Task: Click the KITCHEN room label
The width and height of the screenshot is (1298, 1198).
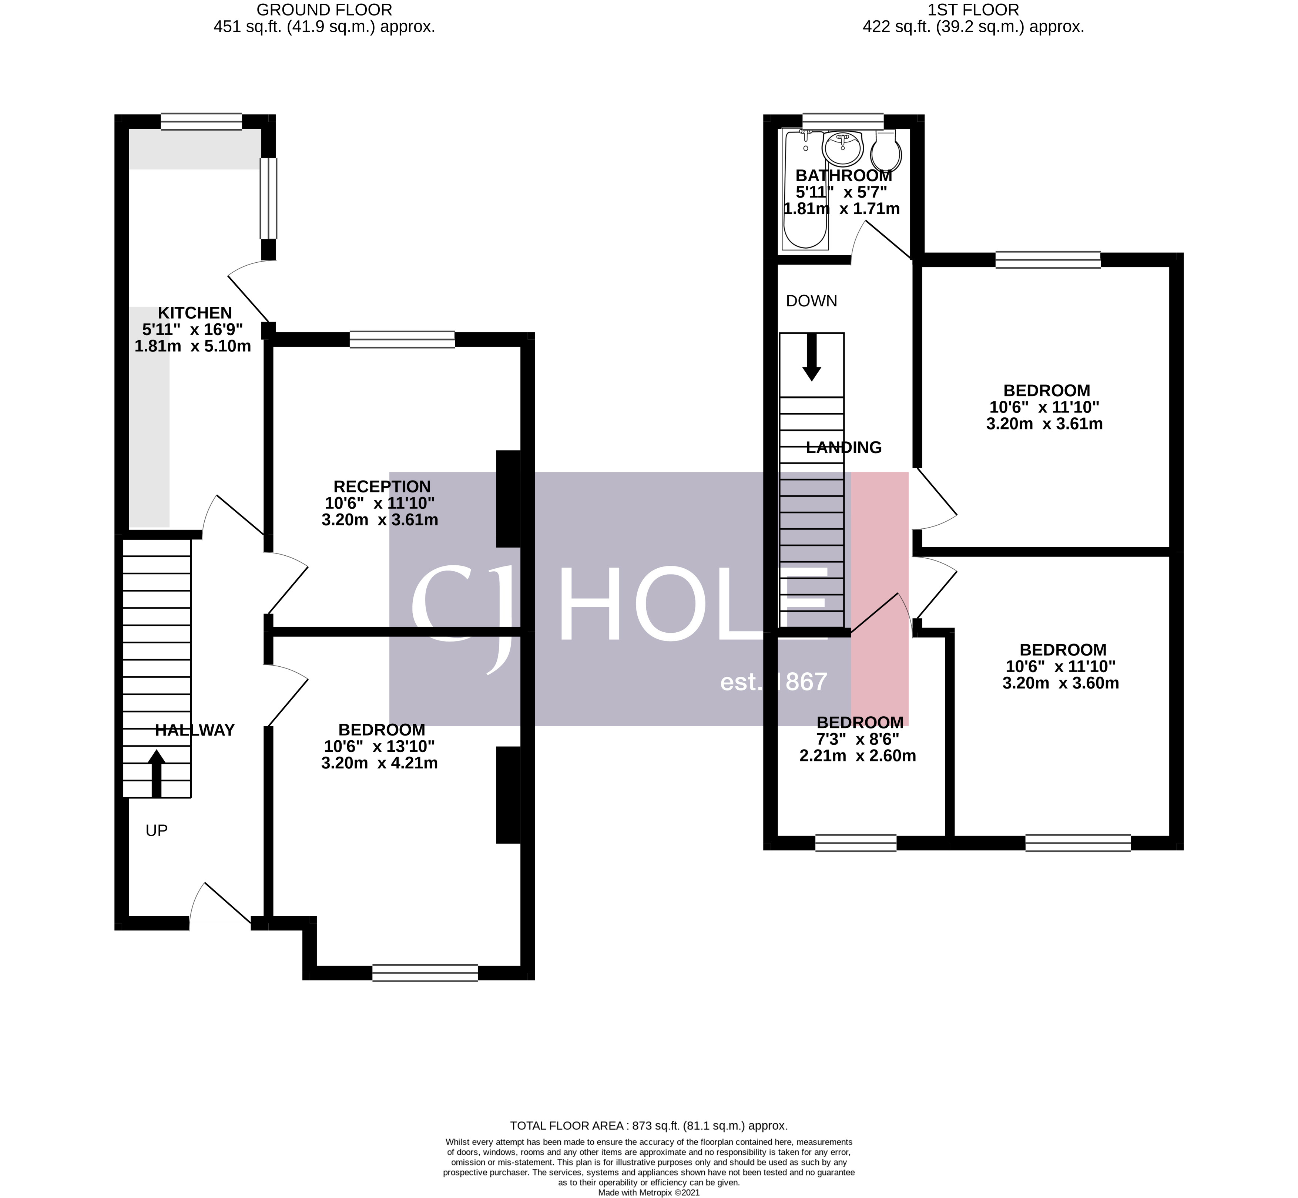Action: click(x=195, y=313)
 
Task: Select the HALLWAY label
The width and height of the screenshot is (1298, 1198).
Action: click(x=195, y=731)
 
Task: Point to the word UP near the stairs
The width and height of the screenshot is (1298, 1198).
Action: click(x=156, y=831)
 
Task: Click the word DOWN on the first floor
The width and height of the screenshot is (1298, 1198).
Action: click(x=811, y=301)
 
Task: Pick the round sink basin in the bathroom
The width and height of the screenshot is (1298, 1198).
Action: click(x=842, y=148)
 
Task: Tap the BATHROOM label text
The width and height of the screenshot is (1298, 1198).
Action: click(x=843, y=176)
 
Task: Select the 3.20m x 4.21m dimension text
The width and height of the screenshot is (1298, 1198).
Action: click(x=379, y=763)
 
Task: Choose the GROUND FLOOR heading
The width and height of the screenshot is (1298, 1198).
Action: click(x=324, y=10)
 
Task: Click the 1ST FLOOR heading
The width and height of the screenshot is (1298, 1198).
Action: click(x=973, y=10)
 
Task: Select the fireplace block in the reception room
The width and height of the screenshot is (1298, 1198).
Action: click(x=508, y=499)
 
